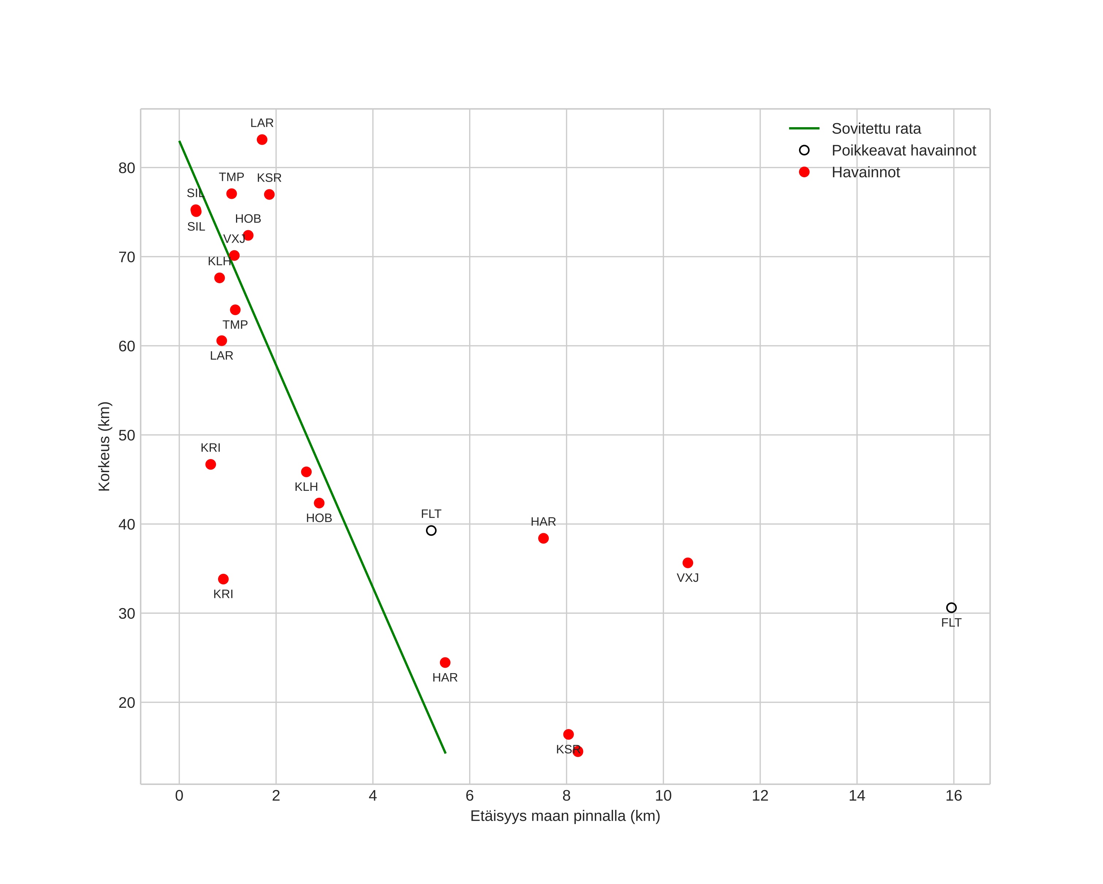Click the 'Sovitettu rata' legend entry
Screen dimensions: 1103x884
[x=876, y=128]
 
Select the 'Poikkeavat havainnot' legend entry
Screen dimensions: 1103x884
[x=904, y=151]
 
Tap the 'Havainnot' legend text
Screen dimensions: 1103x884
[x=866, y=172]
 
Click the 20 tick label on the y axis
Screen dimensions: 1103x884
[x=127, y=703]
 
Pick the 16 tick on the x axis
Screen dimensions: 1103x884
[x=954, y=796]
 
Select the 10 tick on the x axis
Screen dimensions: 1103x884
[x=663, y=796]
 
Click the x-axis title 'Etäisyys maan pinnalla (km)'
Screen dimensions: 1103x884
[x=565, y=816]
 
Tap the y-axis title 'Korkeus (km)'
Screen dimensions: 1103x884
[x=104, y=447]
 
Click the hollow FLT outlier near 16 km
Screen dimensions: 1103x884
[x=951, y=608]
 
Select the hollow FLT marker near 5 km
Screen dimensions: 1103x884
[x=431, y=531]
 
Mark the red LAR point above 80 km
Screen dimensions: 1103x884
[x=262, y=140]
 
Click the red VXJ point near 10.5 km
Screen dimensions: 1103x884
[x=688, y=563]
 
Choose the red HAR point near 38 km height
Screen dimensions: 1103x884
[x=543, y=538]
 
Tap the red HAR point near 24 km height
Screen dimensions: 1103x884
[x=445, y=663]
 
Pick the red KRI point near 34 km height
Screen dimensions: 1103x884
[x=223, y=579]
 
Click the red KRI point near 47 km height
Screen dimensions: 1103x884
[x=211, y=464]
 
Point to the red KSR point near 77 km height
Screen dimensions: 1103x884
[x=269, y=194]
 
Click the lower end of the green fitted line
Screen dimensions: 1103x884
[x=446, y=753]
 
